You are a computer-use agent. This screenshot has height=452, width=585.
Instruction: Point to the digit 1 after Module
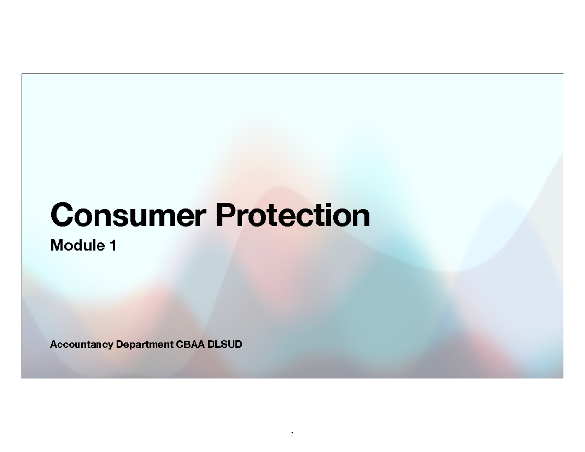[113, 246]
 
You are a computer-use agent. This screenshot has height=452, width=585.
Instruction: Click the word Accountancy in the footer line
[81, 345]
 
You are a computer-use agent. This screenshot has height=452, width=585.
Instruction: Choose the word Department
[144, 345]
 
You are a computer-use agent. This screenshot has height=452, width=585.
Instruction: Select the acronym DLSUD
[225, 345]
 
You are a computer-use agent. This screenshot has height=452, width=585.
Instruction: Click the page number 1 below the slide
[292, 434]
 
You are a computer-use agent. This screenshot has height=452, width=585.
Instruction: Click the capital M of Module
[56, 246]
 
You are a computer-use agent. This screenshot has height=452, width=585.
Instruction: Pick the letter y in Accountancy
[110, 346]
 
